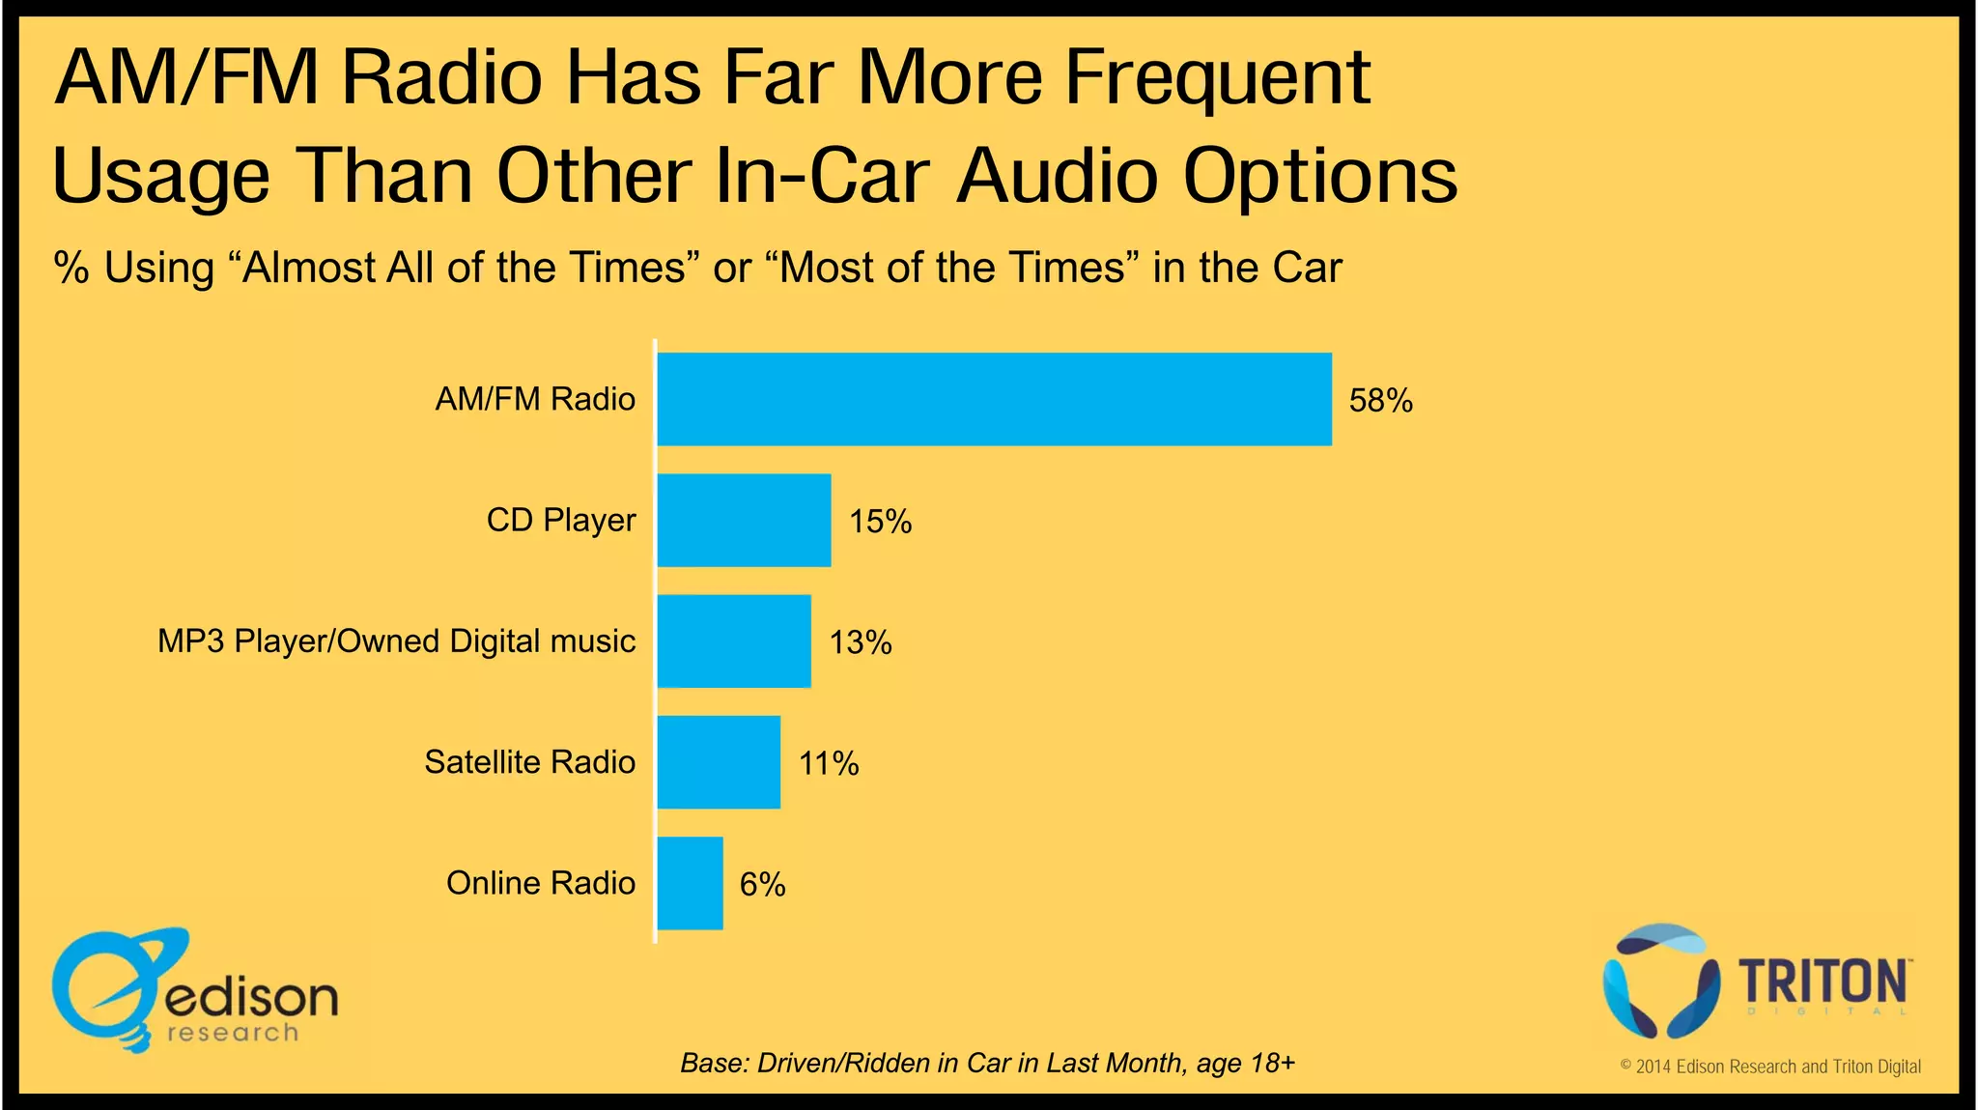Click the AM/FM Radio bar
(x=994, y=399)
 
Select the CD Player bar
(x=744, y=520)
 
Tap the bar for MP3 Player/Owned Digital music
(x=734, y=641)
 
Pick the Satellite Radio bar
(x=719, y=762)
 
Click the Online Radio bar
(x=690, y=883)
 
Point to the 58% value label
(x=1380, y=400)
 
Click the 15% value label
(x=880, y=522)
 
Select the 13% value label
(x=860, y=642)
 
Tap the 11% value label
(x=828, y=763)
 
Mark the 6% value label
(x=762, y=884)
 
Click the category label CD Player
(x=560, y=520)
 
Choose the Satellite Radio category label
(x=529, y=762)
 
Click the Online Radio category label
(x=540, y=883)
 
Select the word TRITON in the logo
(x=1823, y=982)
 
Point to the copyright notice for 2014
(x=1770, y=1067)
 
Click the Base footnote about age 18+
(x=987, y=1063)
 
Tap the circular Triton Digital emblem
(x=1659, y=980)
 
